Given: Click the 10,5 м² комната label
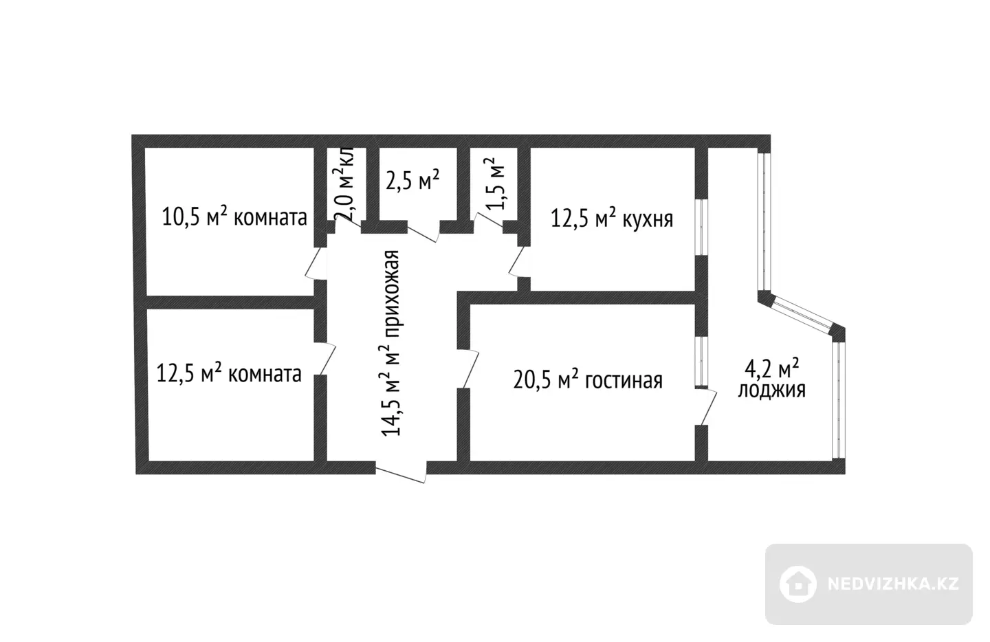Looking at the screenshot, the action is (x=234, y=217).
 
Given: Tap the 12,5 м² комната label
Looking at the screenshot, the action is (x=229, y=374).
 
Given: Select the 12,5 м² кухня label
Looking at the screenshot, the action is (x=612, y=219).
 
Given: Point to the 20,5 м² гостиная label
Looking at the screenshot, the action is (x=588, y=380).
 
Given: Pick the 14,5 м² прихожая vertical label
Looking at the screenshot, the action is (x=390, y=343).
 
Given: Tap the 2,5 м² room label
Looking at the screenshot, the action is (x=412, y=180).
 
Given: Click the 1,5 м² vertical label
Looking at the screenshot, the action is (x=494, y=184).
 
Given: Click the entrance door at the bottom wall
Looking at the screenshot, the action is (x=401, y=472).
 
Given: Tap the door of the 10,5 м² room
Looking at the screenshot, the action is (x=316, y=263).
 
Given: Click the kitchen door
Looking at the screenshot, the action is (x=519, y=261).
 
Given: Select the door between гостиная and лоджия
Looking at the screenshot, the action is (x=706, y=406).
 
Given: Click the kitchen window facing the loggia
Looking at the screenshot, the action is (x=701, y=227).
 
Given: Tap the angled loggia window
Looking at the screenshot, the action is (x=801, y=315).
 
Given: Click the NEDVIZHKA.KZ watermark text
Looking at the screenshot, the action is (x=893, y=584).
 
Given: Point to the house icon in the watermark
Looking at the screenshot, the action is (x=797, y=584).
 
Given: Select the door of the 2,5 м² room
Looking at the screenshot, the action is (x=423, y=232).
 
